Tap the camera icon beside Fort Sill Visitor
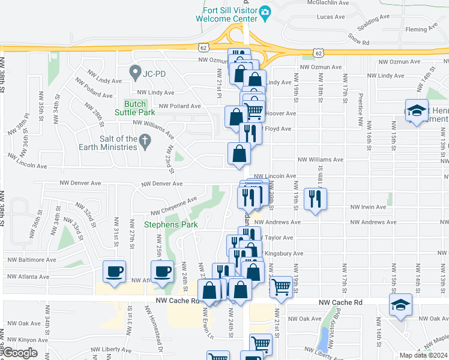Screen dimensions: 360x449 pyautogui.click(x=265, y=11)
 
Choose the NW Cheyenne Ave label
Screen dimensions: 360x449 pyautogui.click(x=174, y=206)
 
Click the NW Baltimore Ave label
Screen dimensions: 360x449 pyautogui.click(x=31, y=260)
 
